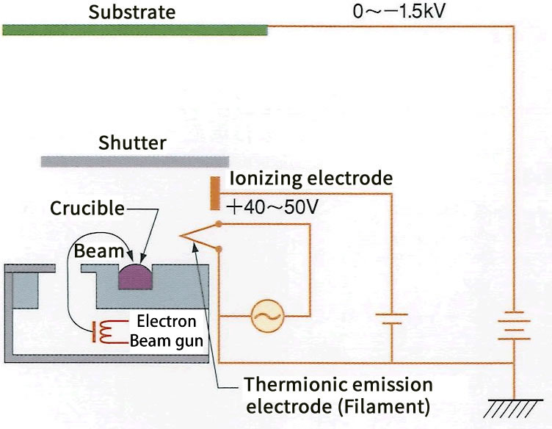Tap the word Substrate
[x=132, y=12]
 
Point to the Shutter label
[x=132, y=143]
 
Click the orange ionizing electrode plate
[x=214, y=193]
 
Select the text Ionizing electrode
[x=310, y=179]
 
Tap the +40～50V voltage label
[x=274, y=207]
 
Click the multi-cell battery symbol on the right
[x=513, y=328]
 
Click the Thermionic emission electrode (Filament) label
[x=338, y=394]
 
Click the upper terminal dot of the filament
[x=219, y=223]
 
